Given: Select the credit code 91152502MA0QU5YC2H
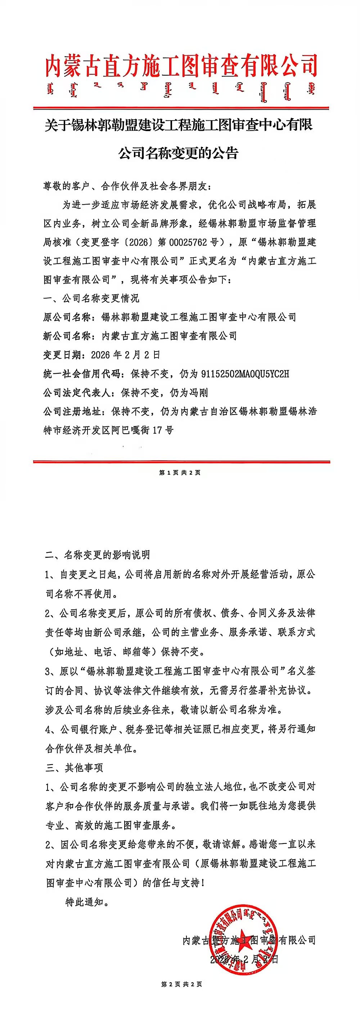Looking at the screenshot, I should [x=245, y=374].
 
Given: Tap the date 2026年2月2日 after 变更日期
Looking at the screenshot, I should [x=125, y=355].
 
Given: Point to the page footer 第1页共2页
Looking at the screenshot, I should [x=180, y=473].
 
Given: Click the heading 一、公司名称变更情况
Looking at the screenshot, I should [x=91, y=299].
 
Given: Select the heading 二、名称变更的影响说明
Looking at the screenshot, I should [x=98, y=555].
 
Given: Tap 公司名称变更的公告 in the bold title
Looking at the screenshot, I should [x=179, y=153].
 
